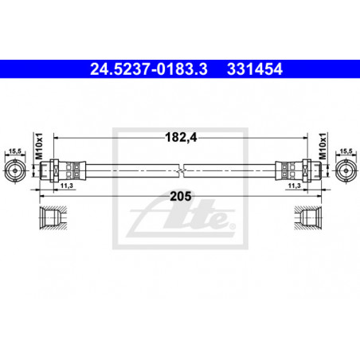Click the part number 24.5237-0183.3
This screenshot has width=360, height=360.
(149, 69)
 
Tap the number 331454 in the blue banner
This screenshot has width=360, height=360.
(255, 69)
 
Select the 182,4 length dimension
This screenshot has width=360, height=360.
(181, 138)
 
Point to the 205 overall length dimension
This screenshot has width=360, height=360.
(181, 197)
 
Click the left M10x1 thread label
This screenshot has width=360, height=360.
(39, 147)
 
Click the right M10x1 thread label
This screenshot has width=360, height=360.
(323, 147)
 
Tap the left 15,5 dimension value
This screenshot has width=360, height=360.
(15, 151)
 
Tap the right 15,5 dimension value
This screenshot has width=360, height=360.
(346, 151)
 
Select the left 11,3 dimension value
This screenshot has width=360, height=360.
(67, 186)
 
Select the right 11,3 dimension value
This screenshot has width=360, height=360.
(295, 186)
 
